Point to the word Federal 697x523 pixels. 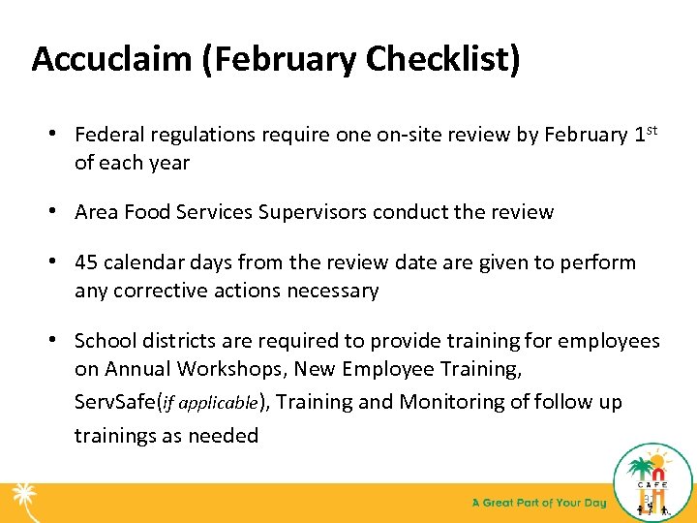108,135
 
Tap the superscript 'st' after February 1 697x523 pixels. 652,129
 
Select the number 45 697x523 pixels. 88,262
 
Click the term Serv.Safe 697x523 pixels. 117,402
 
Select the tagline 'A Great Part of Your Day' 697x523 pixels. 538,503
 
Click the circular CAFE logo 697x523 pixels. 653,481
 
